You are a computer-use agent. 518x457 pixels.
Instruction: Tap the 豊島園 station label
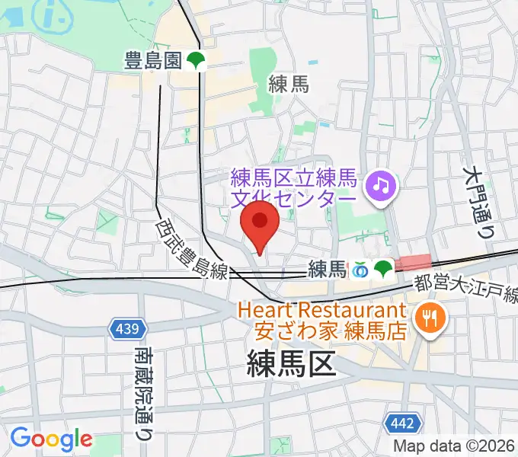(152, 62)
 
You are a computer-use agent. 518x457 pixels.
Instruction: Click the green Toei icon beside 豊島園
(197, 62)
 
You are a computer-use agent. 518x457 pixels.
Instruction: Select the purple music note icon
(379, 184)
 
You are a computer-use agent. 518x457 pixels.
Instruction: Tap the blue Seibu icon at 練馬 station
(360, 269)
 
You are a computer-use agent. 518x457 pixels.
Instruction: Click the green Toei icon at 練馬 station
(382, 268)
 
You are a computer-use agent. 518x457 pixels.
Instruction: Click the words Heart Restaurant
(321, 311)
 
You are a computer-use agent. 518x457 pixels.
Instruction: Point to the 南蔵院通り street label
(142, 391)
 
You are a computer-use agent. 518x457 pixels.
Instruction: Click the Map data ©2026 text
(454, 446)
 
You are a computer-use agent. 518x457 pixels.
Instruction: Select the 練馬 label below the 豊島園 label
(289, 85)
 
